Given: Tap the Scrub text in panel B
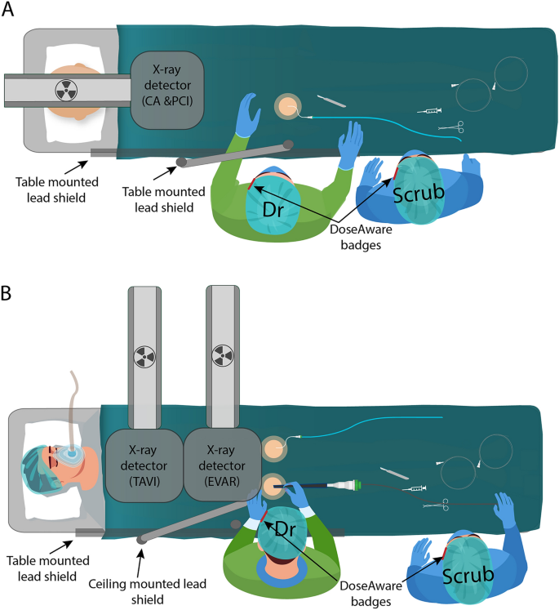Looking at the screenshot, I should click(468, 576).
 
